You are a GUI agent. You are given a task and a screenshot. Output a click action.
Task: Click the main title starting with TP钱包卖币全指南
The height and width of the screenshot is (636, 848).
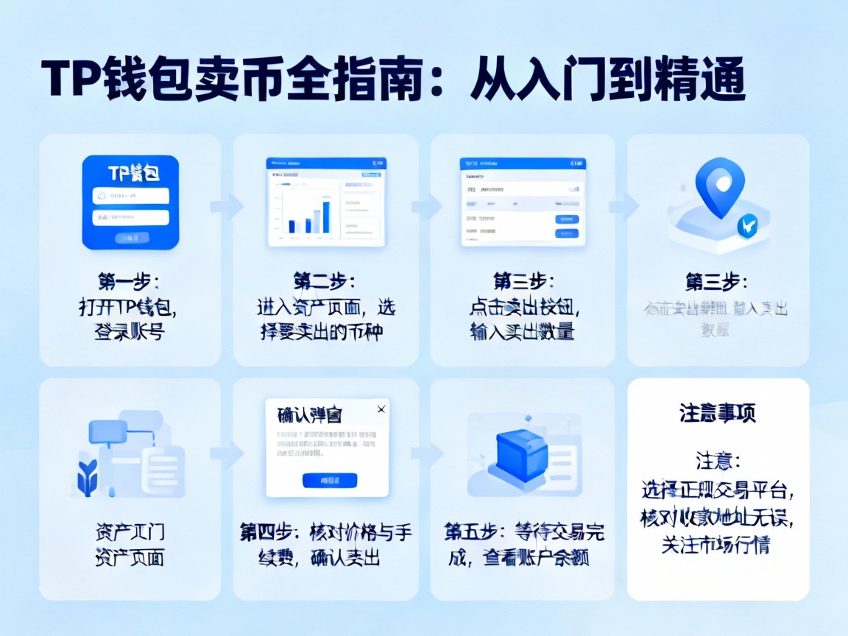coord(393,81)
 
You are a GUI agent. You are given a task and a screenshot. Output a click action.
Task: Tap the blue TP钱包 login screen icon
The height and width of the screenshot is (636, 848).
coord(130,202)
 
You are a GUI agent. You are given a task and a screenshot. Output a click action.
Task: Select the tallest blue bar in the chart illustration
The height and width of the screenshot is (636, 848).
coord(326,216)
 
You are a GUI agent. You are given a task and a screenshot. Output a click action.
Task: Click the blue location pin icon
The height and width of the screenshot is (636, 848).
coord(720,186)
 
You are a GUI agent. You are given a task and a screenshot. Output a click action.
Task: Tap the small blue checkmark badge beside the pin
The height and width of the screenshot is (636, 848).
coord(748,226)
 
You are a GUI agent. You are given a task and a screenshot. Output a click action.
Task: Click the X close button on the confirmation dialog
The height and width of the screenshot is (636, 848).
coord(381,409)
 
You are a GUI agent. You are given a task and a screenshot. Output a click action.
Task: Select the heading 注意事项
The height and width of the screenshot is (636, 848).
coord(718,414)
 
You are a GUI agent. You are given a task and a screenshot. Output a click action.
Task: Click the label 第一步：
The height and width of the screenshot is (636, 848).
coord(130,282)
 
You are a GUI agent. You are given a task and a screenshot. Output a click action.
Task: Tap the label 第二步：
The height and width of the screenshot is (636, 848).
coord(325,282)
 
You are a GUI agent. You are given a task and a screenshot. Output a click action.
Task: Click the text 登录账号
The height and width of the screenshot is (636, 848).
coord(130,331)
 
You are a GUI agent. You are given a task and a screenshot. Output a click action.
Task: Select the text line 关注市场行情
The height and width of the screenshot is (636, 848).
coord(718,545)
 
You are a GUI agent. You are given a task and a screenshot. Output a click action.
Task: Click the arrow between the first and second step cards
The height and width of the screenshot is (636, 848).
coord(227,206)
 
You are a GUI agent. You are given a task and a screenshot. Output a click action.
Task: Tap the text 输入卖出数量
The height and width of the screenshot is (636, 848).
coord(522,331)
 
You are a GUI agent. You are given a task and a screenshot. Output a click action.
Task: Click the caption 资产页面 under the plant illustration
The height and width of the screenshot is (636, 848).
coord(130,557)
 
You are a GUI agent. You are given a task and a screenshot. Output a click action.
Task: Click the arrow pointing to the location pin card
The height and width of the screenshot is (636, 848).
coord(622,206)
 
